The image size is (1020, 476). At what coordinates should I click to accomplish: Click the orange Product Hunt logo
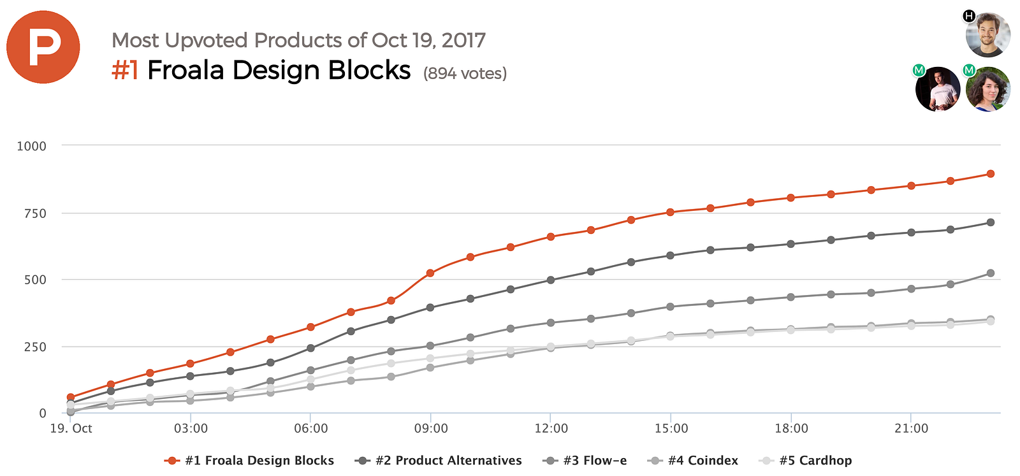click(43, 47)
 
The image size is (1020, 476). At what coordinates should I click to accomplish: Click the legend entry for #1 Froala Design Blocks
click(249, 461)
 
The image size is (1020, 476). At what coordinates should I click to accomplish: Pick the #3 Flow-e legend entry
click(585, 461)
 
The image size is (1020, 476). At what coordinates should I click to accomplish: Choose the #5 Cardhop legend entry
click(806, 461)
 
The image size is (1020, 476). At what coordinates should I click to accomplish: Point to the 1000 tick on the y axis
click(31, 146)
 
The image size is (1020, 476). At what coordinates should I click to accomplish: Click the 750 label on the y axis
click(35, 213)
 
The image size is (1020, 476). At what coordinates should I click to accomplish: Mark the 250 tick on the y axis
click(35, 347)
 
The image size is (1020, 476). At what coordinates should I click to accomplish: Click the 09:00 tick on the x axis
click(431, 428)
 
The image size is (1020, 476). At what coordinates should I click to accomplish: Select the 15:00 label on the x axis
click(671, 428)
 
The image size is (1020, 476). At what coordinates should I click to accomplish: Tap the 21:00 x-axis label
click(911, 428)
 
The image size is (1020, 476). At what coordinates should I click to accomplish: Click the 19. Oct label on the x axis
click(71, 428)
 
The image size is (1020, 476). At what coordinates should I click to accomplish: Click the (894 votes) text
click(465, 74)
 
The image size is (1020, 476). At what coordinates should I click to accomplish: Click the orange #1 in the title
click(125, 70)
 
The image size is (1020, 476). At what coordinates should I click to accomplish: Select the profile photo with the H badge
click(987, 34)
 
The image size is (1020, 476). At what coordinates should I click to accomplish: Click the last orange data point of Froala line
click(991, 174)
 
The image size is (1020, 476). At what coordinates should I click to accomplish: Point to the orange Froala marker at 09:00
click(430, 273)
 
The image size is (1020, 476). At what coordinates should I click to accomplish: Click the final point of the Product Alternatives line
click(991, 222)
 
